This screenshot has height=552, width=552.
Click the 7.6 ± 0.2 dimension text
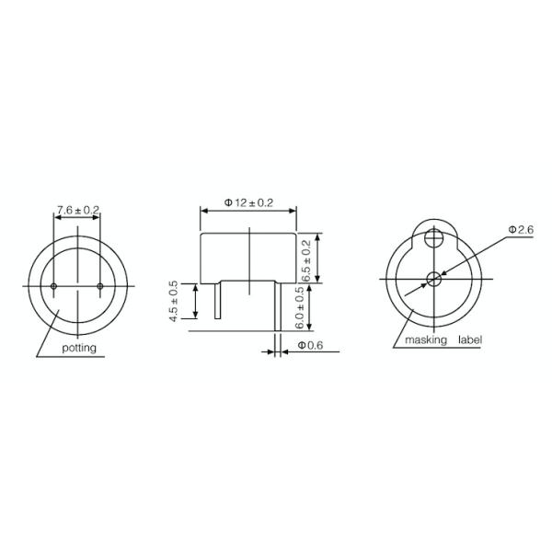tap(77, 211)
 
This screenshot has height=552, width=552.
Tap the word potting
tap(78, 349)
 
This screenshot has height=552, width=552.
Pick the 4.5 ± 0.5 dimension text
tap(173, 301)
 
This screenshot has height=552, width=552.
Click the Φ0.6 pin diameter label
tap(311, 347)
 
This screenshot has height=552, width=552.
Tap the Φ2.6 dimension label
tap(520, 228)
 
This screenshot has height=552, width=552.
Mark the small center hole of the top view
tap(433, 279)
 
